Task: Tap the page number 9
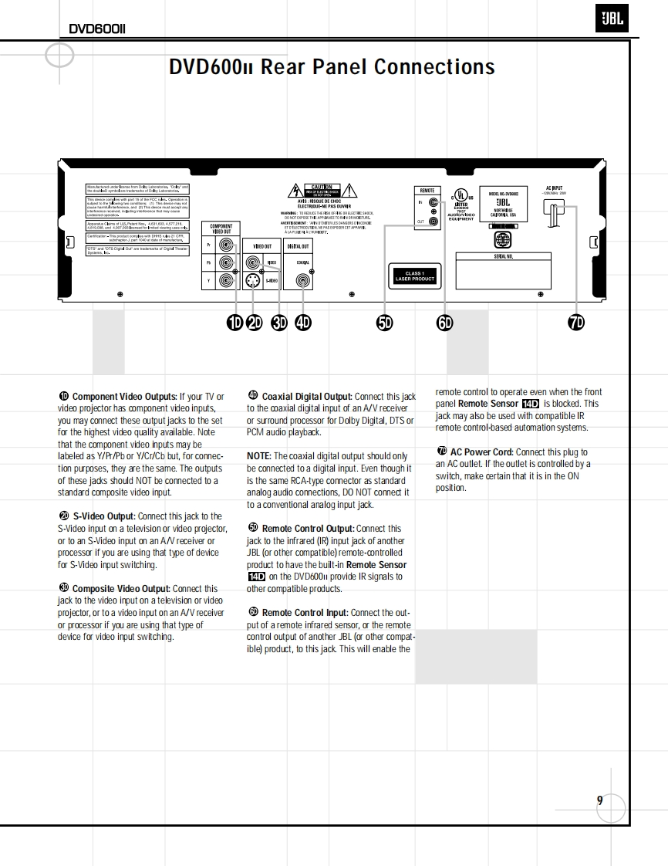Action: point(599,800)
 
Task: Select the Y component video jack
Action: point(226,281)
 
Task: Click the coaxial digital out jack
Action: point(303,281)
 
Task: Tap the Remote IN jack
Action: point(434,202)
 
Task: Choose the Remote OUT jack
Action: point(434,222)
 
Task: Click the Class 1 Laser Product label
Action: point(415,276)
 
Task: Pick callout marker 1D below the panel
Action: point(234,323)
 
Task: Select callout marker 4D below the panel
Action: point(303,323)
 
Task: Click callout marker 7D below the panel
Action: point(575,323)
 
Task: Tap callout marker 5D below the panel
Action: point(384,323)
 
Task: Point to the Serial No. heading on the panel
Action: point(503,256)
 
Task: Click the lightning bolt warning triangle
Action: point(294,191)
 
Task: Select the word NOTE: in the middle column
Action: point(259,456)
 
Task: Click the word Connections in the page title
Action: point(434,67)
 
